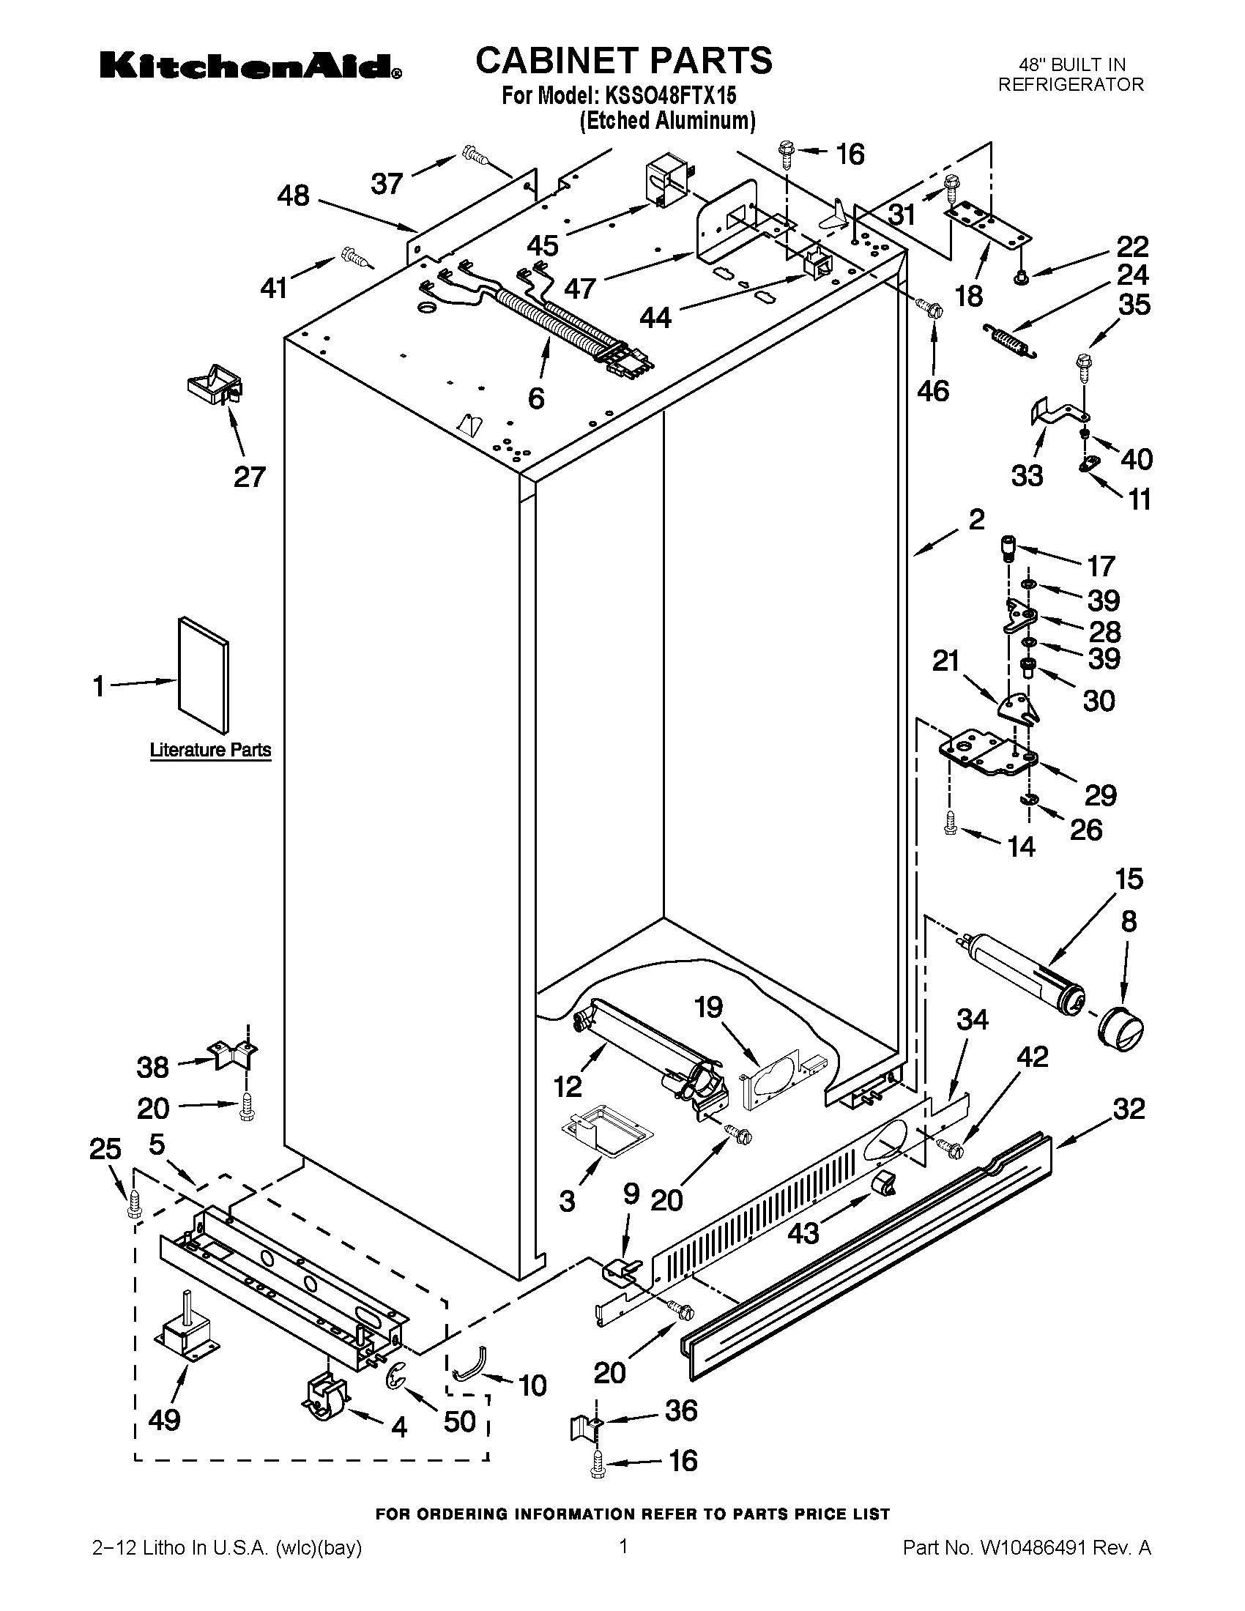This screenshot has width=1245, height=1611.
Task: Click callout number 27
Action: pos(249,477)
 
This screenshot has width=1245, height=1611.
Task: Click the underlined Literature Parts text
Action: pos(211,750)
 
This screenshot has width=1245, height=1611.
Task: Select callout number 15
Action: pos(1129,879)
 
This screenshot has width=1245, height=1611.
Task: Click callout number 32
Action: pos(1129,1108)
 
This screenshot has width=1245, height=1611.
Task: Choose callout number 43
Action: pos(803,1232)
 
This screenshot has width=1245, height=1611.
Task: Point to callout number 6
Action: pos(536,398)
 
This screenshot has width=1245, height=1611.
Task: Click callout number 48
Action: pos(293,196)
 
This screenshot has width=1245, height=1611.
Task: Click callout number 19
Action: pos(709,1007)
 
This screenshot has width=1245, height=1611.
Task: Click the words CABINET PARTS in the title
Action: pos(623,60)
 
